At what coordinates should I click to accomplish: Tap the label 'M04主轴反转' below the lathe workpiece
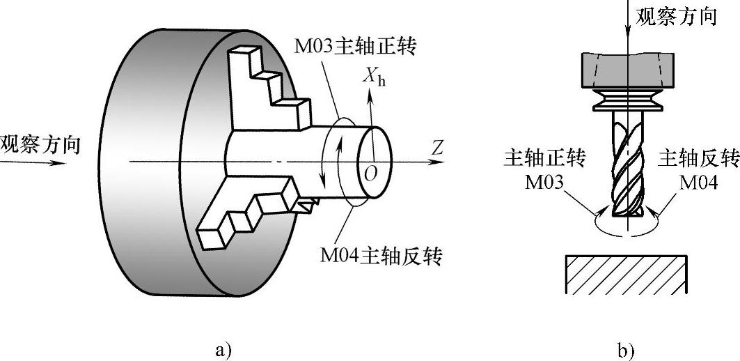click(x=382, y=255)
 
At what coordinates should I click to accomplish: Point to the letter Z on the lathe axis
click(x=437, y=148)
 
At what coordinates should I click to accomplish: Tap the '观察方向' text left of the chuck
click(x=40, y=144)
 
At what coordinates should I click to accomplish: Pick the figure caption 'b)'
click(x=626, y=350)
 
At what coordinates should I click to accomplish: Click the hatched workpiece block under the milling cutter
click(x=627, y=273)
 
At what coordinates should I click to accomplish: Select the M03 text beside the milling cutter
click(x=546, y=183)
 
